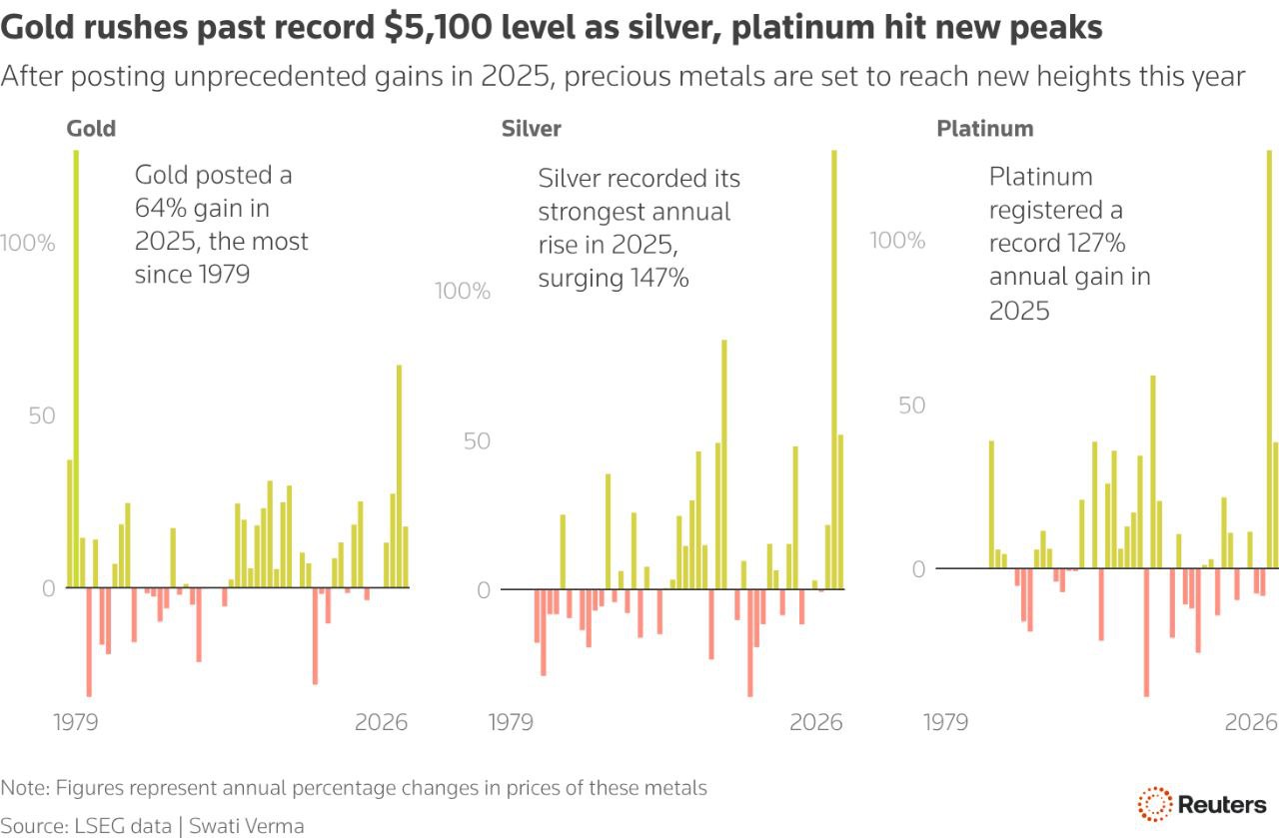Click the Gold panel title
pyautogui.click(x=91, y=129)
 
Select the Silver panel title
pyautogui.click(x=531, y=129)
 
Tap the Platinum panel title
pyautogui.click(x=984, y=129)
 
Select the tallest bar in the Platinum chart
pyautogui.click(x=1269, y=360)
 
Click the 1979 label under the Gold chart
pyautogui.click(x=75, y=721)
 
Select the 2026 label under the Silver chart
pyautogui.click(x=816, y=721)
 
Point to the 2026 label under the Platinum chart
pyautogui.click(x=1252, y=721)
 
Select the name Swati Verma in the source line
pyautogui.click(x=248, y=826)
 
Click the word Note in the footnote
pyautogui.click(x=23, y=788)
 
